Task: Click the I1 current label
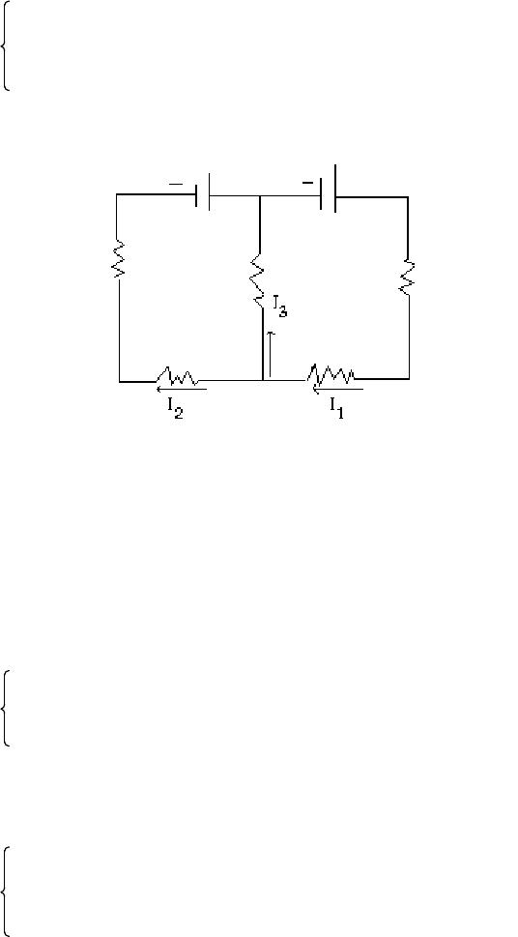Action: pos(337,408)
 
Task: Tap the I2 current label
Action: pos(175,409)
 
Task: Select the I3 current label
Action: pos(279,307)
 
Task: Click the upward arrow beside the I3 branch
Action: pos(271,354)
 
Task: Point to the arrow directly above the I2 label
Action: pos(181,389)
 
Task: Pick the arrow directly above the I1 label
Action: pos(337,389)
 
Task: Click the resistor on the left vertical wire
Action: pos(118,259)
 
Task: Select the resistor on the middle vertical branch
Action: pos(257,280)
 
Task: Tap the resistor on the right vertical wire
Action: pos(408,277)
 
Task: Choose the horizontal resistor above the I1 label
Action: pos(331,374)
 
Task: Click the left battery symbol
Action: pos(203,191)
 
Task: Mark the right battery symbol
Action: pos(328,189)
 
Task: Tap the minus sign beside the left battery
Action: pos(176,185)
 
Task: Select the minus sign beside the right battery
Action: pos(307,183)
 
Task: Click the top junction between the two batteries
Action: pos(259,196)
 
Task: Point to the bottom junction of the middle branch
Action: pos(263,379)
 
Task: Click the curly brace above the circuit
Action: pos(6,45)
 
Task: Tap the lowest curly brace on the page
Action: pos(6,892)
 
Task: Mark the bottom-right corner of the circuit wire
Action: pos(409,378)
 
